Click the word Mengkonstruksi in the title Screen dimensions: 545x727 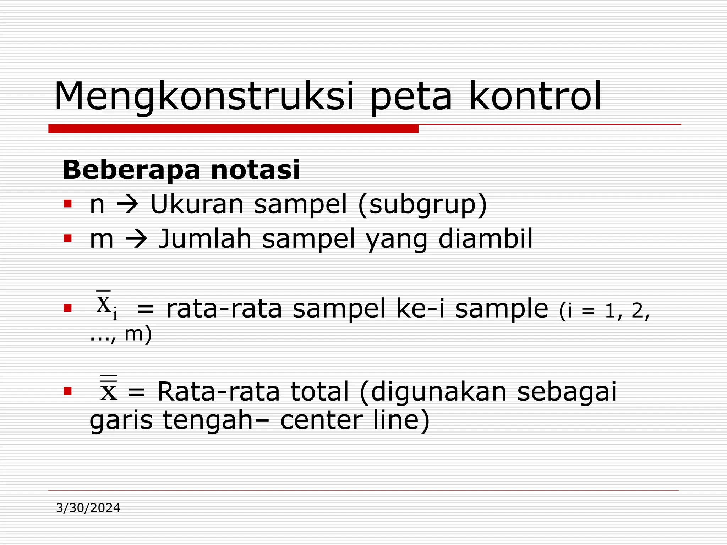[204, 97]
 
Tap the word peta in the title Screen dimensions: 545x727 [411, 97]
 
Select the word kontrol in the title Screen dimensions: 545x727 [535, 97]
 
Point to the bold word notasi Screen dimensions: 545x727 [255, 170]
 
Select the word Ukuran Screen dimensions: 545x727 [197, 204]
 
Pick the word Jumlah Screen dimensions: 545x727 [205, 238]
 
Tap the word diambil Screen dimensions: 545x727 [485, 238]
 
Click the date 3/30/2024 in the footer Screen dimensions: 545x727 [88, 508]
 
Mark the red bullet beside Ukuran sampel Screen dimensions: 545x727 [67, 204]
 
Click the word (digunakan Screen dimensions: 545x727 [433, 392]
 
